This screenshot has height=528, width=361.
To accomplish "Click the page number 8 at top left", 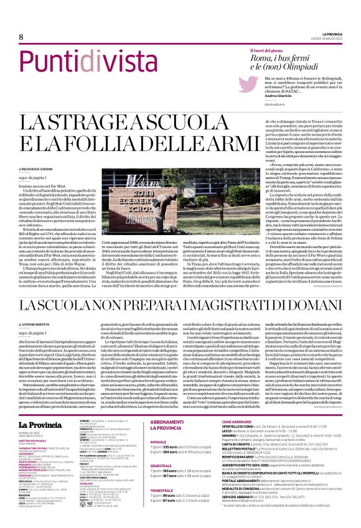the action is [12, 38].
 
